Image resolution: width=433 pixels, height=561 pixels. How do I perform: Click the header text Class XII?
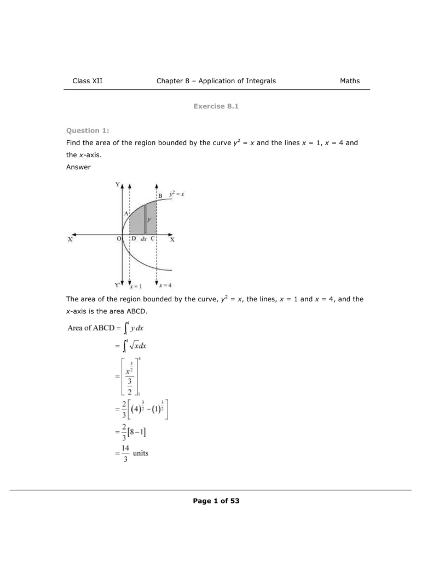87,81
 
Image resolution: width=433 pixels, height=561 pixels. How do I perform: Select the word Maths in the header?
350,81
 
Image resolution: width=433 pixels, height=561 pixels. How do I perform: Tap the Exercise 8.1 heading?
216,106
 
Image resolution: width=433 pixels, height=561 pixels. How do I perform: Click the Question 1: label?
88,130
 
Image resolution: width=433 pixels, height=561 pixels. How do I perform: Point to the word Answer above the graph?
78,167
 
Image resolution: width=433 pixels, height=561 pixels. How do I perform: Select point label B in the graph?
160,196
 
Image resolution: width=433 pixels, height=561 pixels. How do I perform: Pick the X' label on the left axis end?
71,239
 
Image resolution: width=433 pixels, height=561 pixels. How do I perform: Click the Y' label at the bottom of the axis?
117,285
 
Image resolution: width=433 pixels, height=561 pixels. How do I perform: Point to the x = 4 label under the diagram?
165,285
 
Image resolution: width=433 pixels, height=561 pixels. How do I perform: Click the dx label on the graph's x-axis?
143,239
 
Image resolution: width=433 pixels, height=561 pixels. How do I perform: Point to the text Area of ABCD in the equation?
90,328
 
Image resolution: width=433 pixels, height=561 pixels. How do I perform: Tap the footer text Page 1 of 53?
216,501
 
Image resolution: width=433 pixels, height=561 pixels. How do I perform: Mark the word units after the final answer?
140,454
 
